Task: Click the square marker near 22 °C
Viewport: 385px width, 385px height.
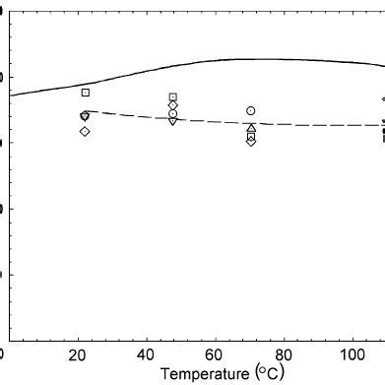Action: click(x=86, y=93)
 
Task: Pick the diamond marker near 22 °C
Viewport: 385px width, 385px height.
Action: click(x=86, y=131)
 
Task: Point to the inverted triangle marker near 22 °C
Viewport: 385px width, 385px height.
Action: click(x=85, y=117)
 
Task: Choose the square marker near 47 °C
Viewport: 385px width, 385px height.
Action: click(x=173, y=96)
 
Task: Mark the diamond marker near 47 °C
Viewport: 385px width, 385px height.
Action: click(x=173, y=105)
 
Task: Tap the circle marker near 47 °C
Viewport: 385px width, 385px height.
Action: click(x=173, y=114)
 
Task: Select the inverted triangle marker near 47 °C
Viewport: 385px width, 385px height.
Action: click(x=173, y=121)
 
